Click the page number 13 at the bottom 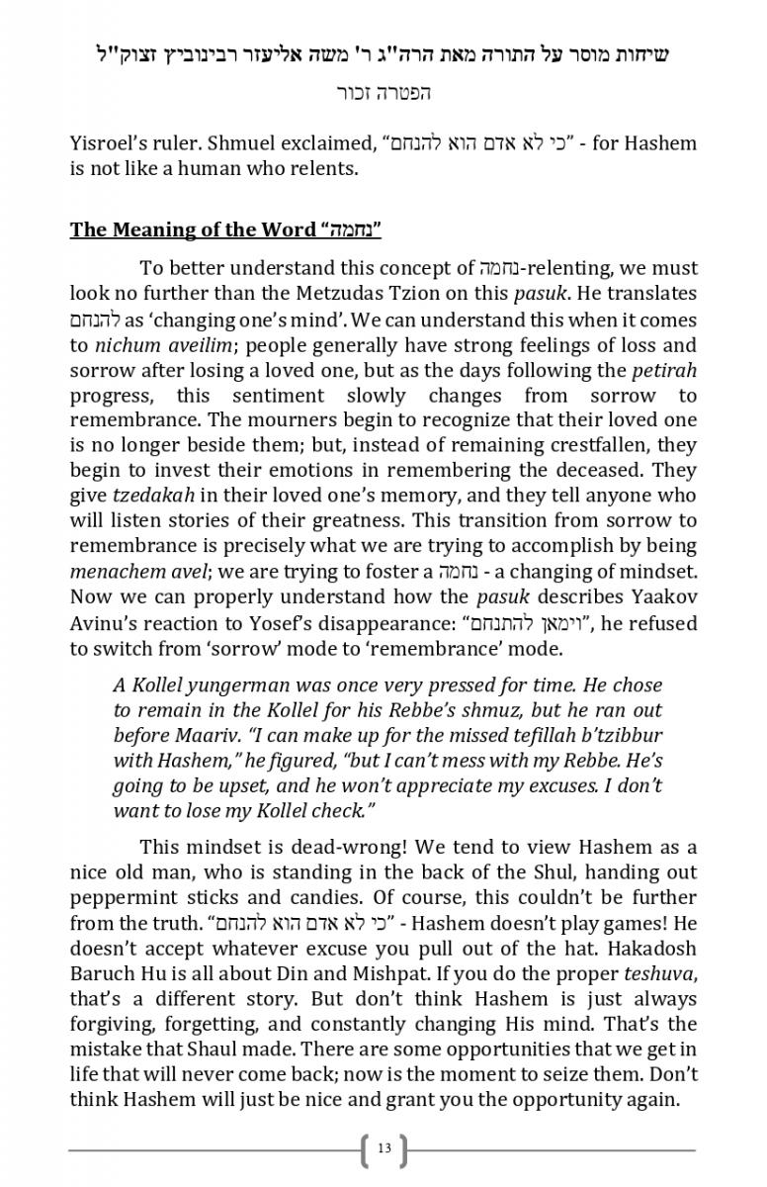[x=383, y=1148]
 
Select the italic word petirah [x=664, y=371]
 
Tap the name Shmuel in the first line [x=233, y=143]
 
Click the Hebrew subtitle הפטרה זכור [x=383, y=94]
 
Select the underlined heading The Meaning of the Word [x=194, y=230]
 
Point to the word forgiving [x=113, y=1023]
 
